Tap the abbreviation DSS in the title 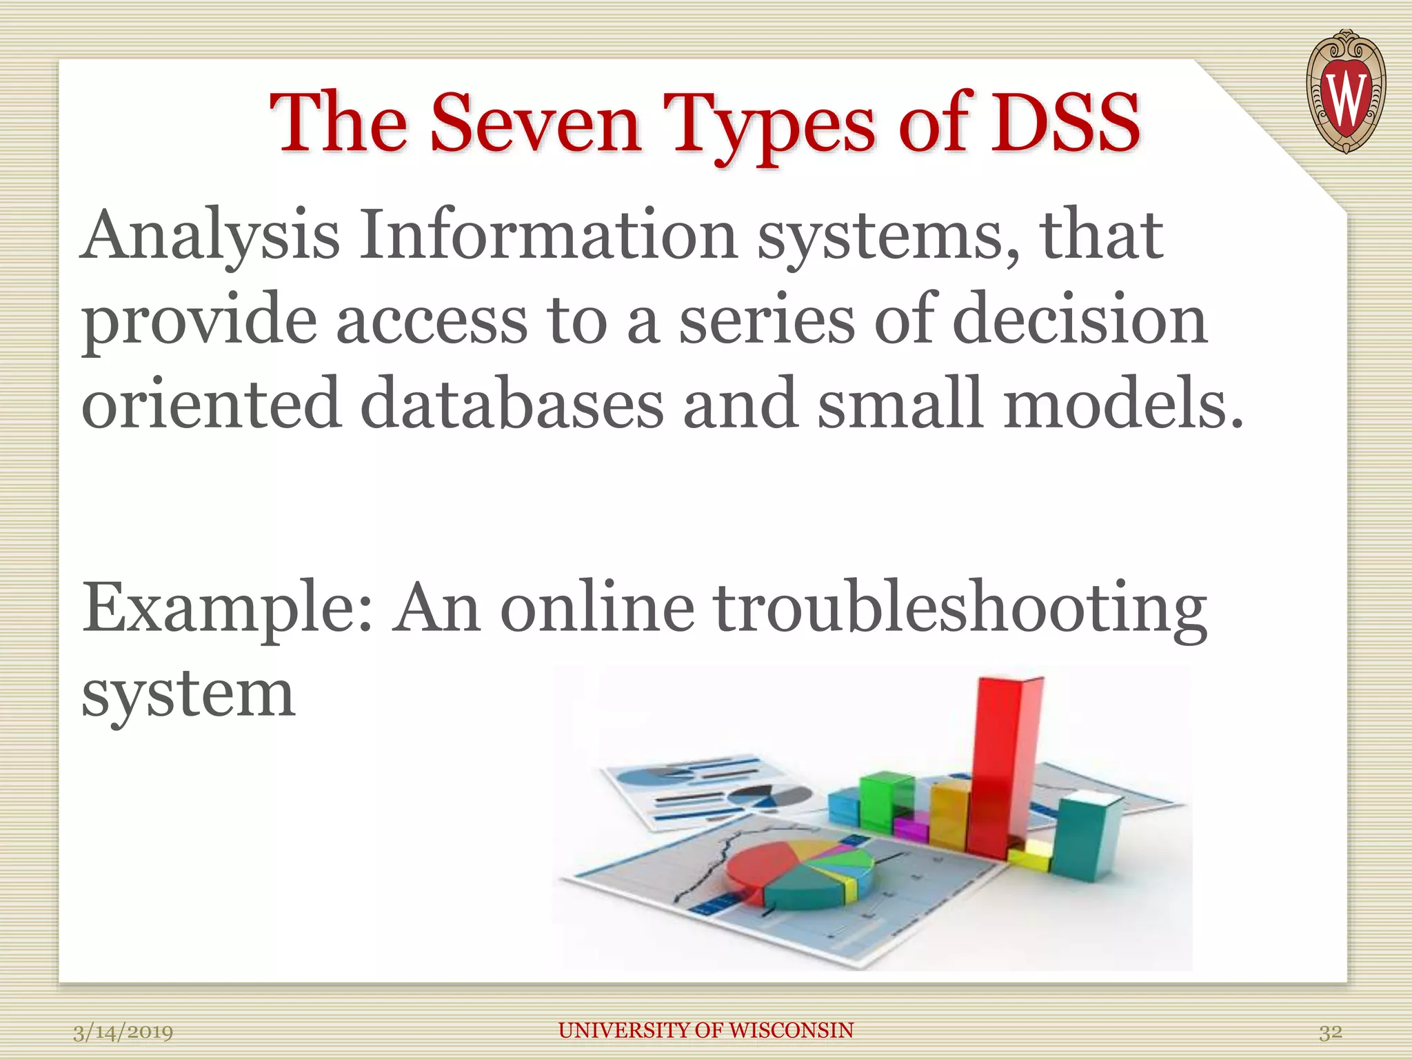1065,124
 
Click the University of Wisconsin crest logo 1345,92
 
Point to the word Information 549,236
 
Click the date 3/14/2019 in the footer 123,1032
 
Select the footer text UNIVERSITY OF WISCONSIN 705,1030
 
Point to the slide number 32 1330,1032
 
